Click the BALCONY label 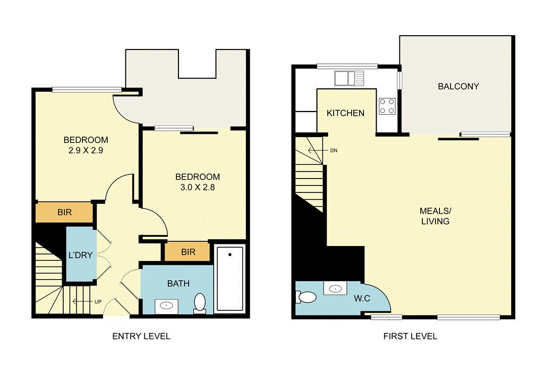tap(458, 86)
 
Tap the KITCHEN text tap(345, 113)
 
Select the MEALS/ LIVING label tap(435, 216)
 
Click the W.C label tap(363, 299)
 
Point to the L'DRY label tap(81, 255)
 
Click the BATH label tap(178, 283)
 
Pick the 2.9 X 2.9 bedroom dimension tap(86, 151)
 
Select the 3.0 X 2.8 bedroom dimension tap(198, 187)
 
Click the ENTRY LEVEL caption tap(141, 336)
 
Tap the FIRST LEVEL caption tap(410, 336)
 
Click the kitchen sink tap(349, 79)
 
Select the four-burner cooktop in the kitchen tap(387, 106)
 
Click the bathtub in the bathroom tap(229, 279)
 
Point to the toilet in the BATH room tap(200, 303)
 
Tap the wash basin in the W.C tap(336, 289)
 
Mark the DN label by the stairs tap(334, 150)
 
